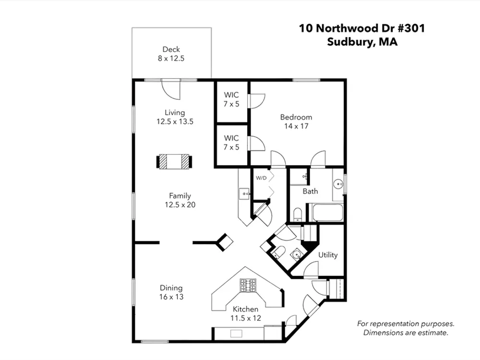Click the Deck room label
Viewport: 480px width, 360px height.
click(171, 49)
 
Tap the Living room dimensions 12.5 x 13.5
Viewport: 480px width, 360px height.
click(175, 121)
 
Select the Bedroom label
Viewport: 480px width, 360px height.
click(296, 117)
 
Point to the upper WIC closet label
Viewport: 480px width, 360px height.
click(231, 95)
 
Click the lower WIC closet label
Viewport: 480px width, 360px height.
click(231, 138)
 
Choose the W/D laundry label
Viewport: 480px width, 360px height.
click(261, 178)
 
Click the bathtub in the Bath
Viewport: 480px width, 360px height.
click(327, 213)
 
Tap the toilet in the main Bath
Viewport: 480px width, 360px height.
click(298, 214)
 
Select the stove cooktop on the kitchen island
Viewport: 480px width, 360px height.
click(248, 285)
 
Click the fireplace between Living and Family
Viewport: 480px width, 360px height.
click(174, 162)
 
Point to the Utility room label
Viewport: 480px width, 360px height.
click(328, 255)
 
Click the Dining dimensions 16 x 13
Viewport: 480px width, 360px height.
click(171, 297)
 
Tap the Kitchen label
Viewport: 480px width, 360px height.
click(245, 309)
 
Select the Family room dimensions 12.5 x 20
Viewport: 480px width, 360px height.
click(180, 205)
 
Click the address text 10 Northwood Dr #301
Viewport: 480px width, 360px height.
click(362, 28)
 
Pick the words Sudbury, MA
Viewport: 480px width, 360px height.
click(362, 42)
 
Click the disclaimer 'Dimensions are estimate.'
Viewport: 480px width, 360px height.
click(406, 333)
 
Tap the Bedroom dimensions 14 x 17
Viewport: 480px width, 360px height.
click(296, 126)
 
